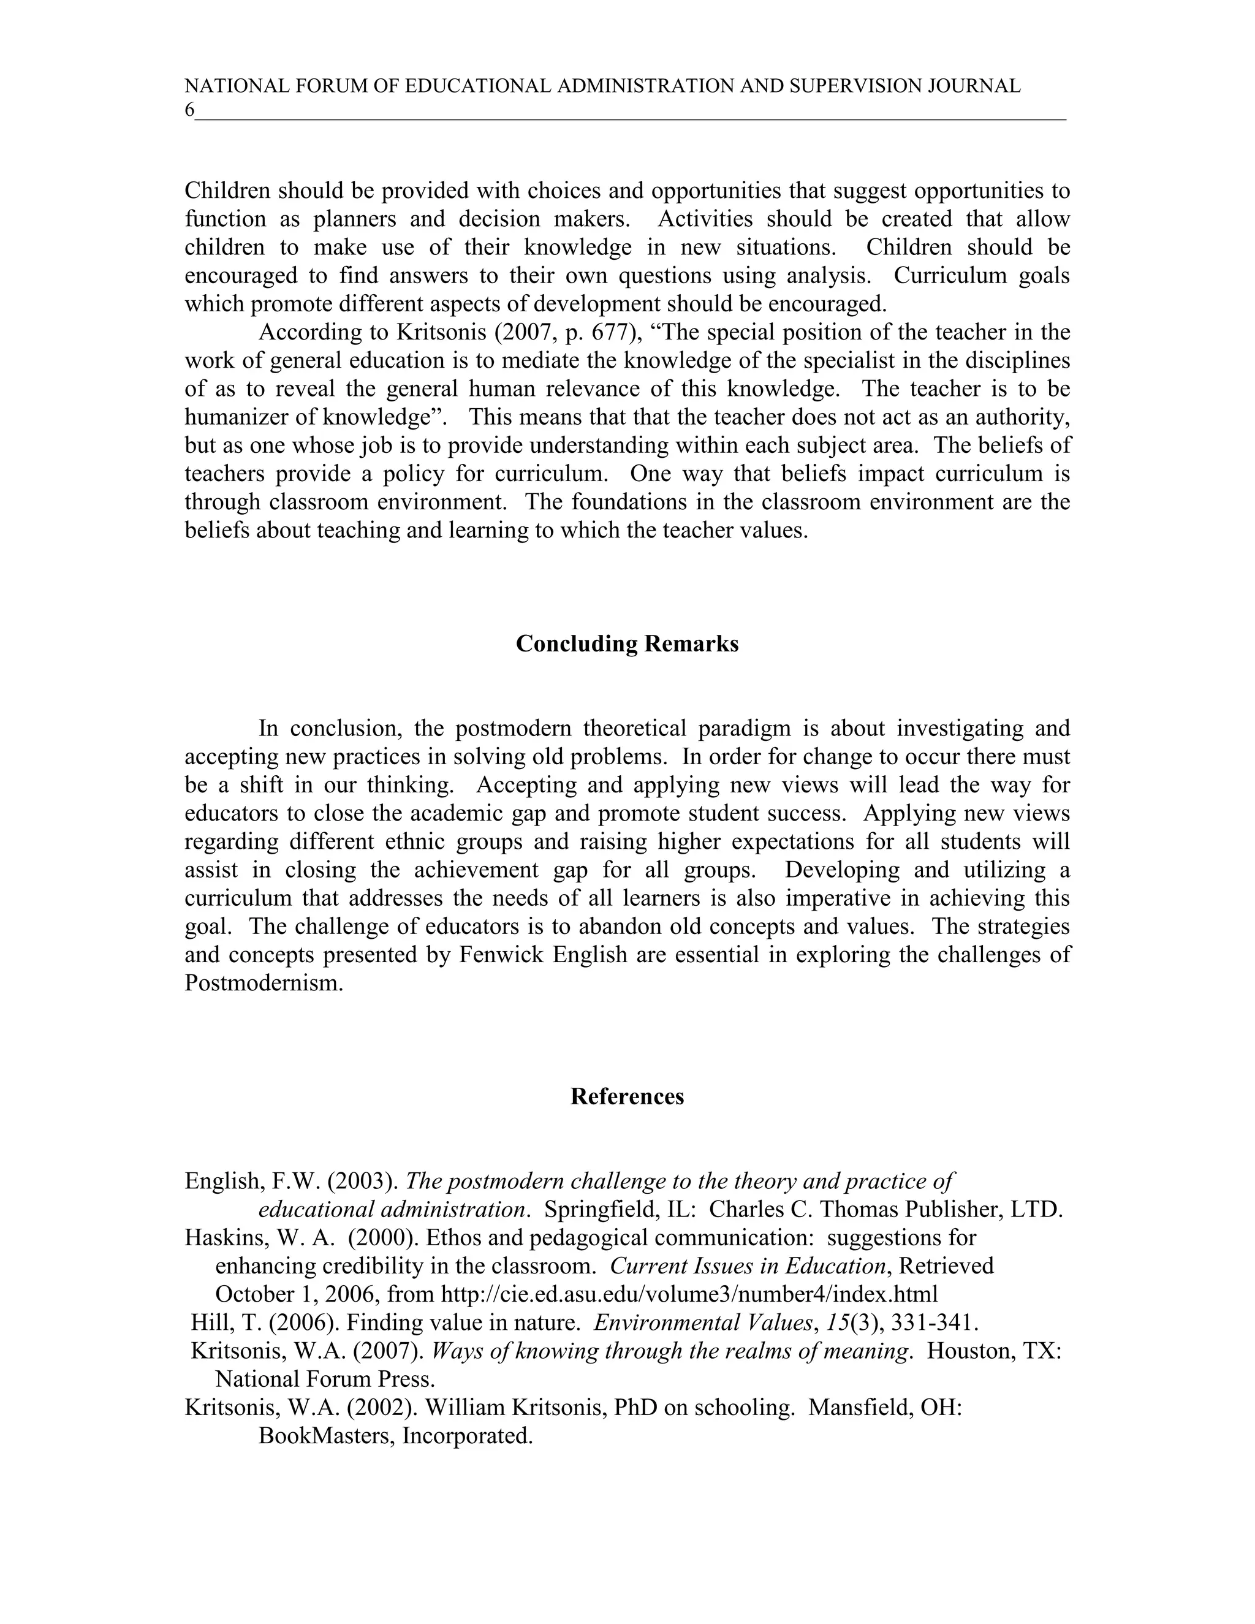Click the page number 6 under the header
click(189, 111)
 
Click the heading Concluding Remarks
click(627, 644)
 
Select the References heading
click(627, 1097)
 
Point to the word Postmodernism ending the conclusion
click(264, 984)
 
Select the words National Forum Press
click(324, 1379)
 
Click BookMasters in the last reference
click(324, 1436)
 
